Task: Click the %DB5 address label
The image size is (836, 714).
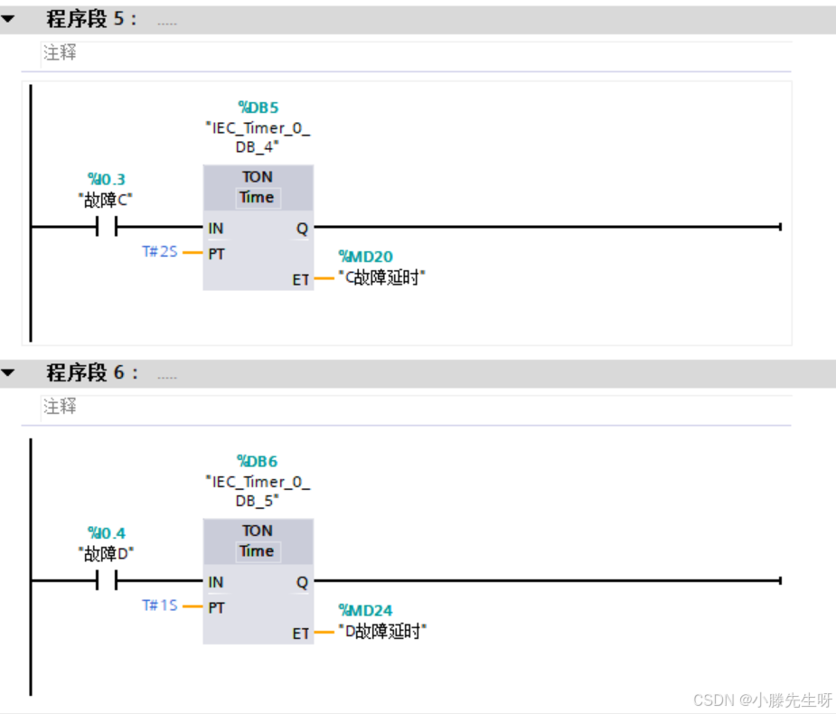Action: pos(258,108)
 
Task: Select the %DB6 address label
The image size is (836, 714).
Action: pos(258,461)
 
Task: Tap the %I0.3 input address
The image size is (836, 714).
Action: pos(107,179)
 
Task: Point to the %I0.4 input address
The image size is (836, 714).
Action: pos(107,533)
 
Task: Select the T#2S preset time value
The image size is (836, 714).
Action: pos(160,252)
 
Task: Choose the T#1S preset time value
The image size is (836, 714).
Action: pos(160,606)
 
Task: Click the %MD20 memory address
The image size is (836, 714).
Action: pos(365,257)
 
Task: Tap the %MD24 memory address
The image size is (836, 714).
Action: pos(365,610)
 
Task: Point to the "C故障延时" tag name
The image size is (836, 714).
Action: pos(381,278)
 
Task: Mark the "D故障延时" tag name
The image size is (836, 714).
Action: pos(381,632)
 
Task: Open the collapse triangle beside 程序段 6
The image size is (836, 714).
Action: pos(8,372)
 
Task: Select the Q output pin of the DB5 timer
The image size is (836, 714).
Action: pos(302,229)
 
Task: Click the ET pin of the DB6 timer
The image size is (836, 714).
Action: pos(301,634)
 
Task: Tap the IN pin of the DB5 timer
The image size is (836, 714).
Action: pos(216,229)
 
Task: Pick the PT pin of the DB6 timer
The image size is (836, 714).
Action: pos(216,607)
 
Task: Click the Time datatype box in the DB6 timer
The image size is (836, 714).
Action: pos(257,551)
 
